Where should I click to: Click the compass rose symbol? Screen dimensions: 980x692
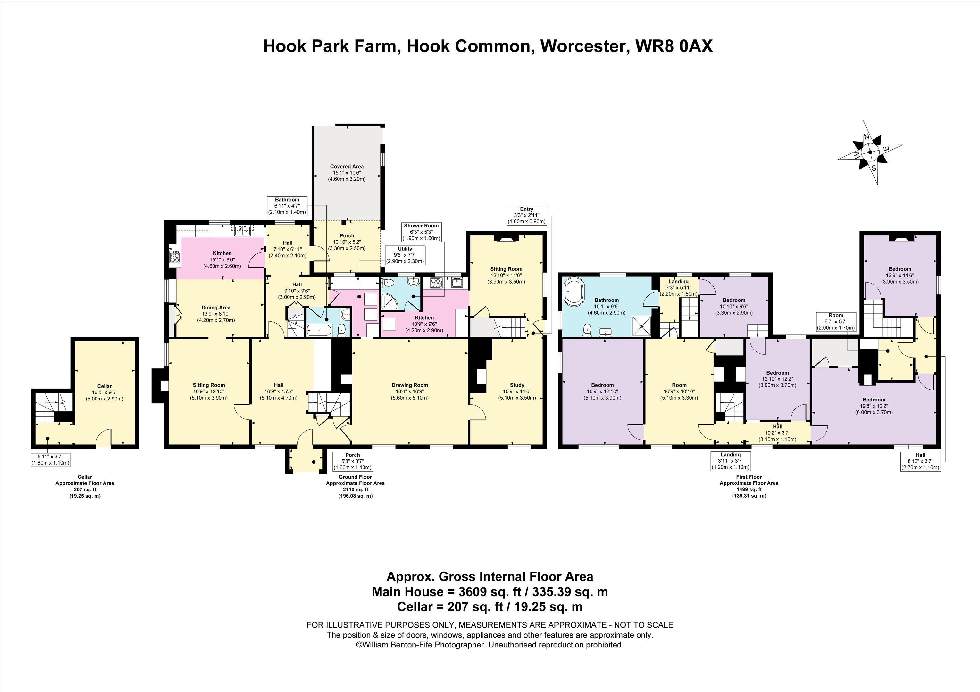pos(870,152)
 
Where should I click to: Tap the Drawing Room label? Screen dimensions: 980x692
pos(410,391)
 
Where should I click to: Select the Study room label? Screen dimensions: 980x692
pos(517,391)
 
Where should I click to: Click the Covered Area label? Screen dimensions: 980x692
pos(347,173)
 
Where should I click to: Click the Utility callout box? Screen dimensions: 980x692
pos(405,255)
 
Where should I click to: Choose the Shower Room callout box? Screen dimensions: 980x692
pos(421,232)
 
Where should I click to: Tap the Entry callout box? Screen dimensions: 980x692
pos(526,216)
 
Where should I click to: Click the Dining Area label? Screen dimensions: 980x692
pos(215,314)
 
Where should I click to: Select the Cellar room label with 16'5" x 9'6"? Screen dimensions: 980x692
pos(105,392)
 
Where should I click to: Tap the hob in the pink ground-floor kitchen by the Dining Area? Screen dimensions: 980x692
pos(175,257)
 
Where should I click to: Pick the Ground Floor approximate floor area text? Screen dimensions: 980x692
pos(355,486)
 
